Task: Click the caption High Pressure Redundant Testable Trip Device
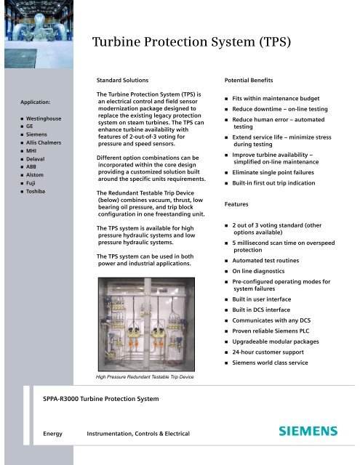click(x=146, y=377)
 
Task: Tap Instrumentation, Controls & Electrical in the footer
click(x=138, y=433)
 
